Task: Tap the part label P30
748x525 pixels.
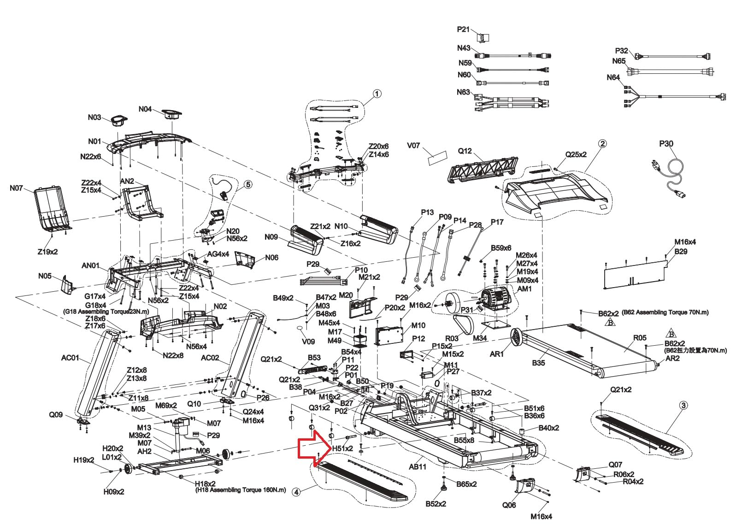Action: [666, 144]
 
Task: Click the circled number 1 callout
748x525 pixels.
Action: [377, 94]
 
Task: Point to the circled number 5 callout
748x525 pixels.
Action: [248, 184]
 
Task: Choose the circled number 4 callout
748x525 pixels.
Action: [296, 492]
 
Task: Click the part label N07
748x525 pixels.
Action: [17, 189]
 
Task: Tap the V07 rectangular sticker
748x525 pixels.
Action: [437, 158]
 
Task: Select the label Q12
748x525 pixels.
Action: [465, 151]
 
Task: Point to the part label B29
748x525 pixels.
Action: [681, 251]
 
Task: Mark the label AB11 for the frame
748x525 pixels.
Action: [418, 466]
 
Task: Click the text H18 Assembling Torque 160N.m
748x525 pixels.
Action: [241, 490]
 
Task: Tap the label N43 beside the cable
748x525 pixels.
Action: [464, 48]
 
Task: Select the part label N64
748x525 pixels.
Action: [613, 77]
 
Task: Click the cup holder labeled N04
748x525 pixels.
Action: [172, 114]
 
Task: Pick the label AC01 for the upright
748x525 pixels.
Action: [70, 358]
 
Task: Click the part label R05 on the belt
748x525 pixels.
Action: [640, 338]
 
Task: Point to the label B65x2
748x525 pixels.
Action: [466, 484]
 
